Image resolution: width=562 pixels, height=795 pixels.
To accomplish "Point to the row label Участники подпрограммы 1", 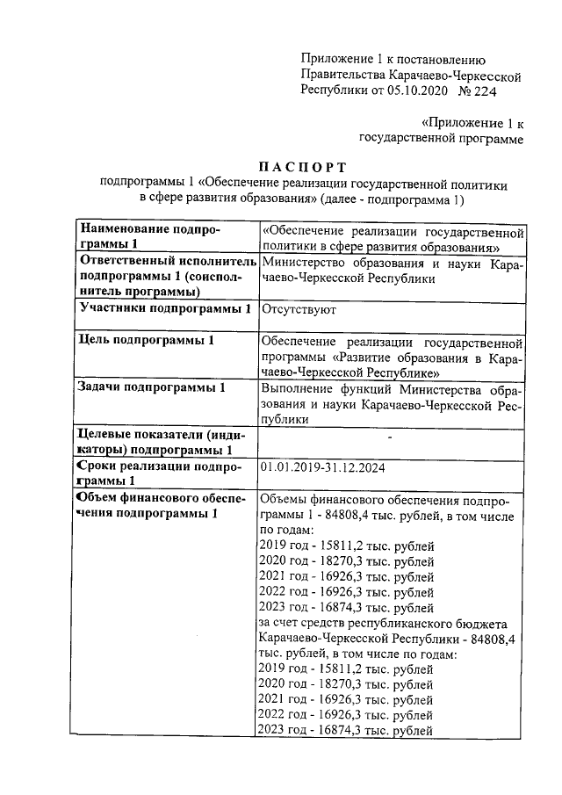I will pyautogui.click(x=165, y=309).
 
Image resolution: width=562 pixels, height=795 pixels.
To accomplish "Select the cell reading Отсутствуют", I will pyautogui.click(x=299, y=309).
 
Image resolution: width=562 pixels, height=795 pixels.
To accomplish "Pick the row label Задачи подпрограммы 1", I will pyautogui.click(x=152, y=387).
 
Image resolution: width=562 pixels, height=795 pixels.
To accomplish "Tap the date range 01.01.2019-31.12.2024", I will pyautogui.click(x=322, y=466).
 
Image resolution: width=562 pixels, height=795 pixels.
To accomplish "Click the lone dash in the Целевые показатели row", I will pyautogui.click(x=390, y=436).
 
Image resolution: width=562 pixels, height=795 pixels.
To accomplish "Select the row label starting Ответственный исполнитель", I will pyautogui.click(x=167, y=262).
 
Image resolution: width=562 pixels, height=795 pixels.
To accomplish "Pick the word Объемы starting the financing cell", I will pyautogui.click(x=286, y=499).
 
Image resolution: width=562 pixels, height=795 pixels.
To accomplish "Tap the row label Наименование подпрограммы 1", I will pyautogui.click(x=149, y=236).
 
